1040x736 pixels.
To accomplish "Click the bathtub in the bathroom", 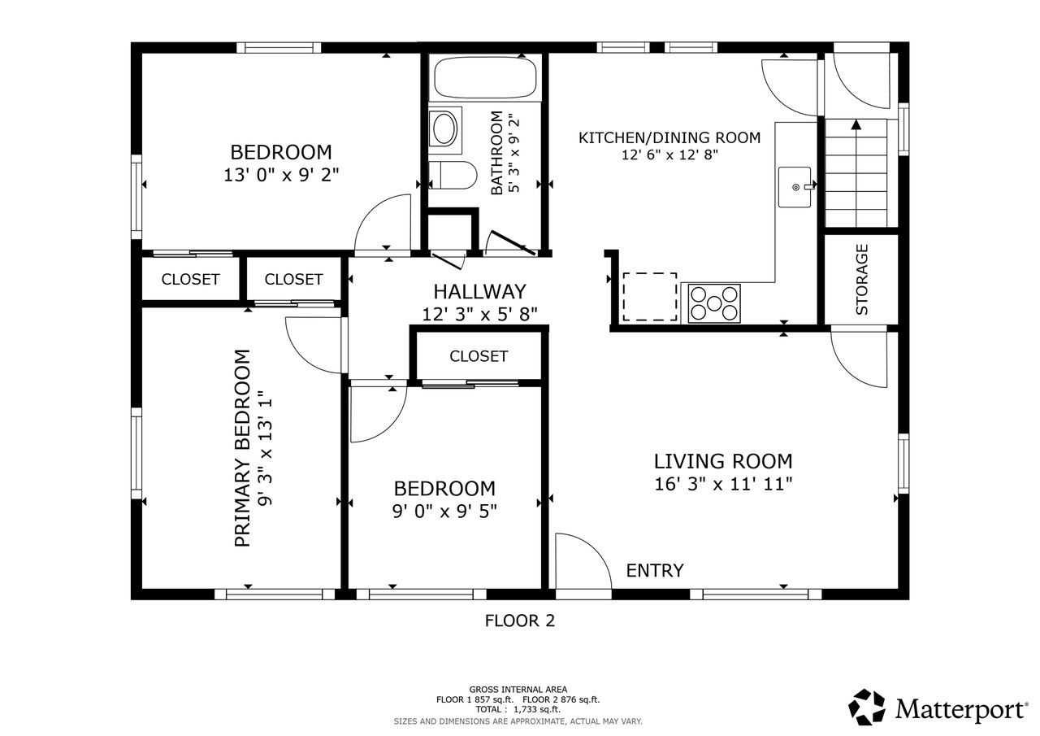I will tap(486, 78).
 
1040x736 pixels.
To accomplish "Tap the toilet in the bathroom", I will tap(453, 175).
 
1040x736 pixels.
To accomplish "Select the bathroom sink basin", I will tap(444, 129).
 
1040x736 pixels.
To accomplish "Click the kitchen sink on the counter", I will tap(795, 187).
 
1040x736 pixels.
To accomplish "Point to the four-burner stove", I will tap(714, 303).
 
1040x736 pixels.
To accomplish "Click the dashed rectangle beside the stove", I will tap(650, 297).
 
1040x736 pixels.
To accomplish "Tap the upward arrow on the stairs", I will tap(856, 125).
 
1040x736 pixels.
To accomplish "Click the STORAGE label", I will tap(862, 279).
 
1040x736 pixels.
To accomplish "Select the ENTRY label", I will tap(655, 571).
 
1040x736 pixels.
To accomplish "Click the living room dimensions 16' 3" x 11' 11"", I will tap(723, 484).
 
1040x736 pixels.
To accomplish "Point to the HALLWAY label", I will tap(479, 291).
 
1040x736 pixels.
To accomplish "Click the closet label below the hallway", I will tap(479, 356).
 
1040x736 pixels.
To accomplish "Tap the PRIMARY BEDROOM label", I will tap(242, 448).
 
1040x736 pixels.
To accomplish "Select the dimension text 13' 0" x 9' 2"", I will tap(281, 174).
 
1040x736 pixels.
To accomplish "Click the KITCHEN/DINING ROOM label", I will tap(669, 137).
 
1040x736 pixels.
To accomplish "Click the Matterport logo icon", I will tap(868, 708).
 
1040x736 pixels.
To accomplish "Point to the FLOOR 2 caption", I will tap(520, 621).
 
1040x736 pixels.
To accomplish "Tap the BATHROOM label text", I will tap(496, 153).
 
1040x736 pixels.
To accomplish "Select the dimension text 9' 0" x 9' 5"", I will tap(444, 511).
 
